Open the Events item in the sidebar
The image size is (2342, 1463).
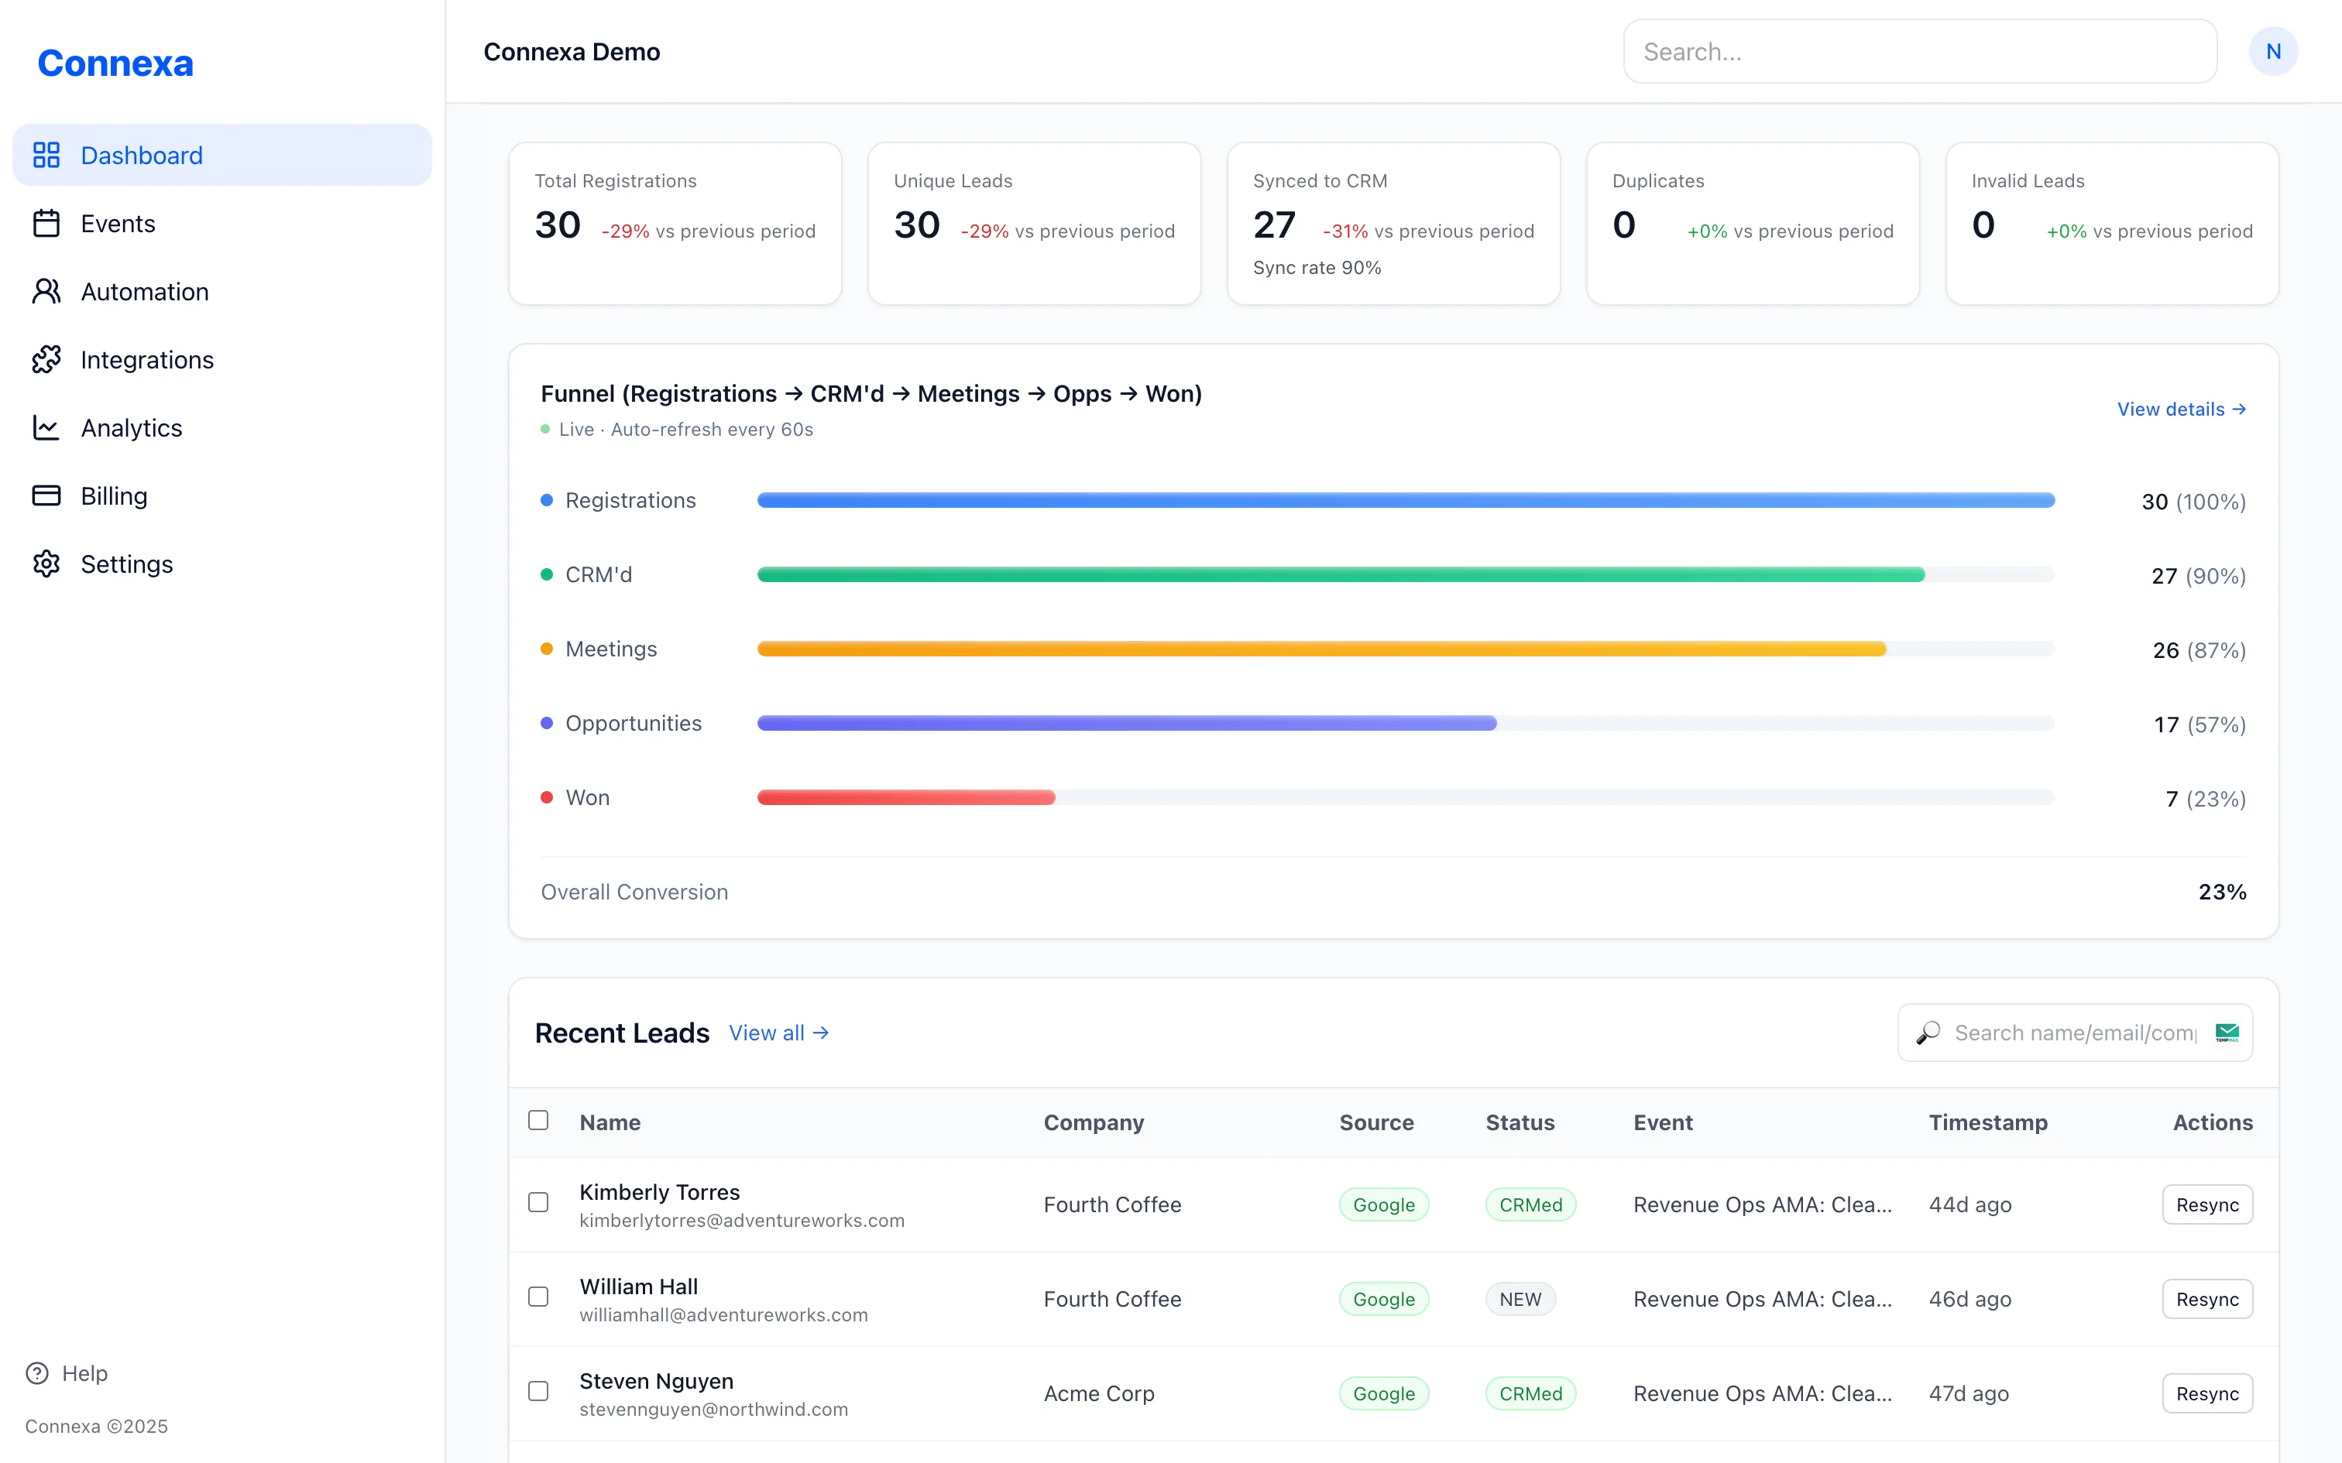click(117, 224)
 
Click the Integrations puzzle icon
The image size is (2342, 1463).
click(46, 360)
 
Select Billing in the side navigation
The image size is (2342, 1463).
click(113, 496)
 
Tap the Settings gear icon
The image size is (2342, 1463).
click(46, 564)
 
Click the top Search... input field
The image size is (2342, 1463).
click(1919, 53)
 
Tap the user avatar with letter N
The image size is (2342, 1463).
click(2272, 53)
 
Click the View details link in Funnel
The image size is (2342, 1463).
click(2180, 409)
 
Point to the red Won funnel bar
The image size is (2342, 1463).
click(906, 797)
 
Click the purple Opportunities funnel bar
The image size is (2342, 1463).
click(1127, 723)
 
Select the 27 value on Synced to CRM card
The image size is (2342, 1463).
click(1273, 225)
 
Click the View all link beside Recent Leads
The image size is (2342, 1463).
click(778, 1033)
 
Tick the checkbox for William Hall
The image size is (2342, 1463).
click(538, 1297)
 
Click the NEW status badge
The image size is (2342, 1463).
click(1520, 1300)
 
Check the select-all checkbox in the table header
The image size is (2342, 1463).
click(538, 1121)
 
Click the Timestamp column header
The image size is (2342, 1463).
click(1988, 1122)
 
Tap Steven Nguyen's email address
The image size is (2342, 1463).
click(713, 1410)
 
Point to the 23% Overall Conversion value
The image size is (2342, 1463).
click(2221, 892)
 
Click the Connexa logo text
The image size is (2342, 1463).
click(115, 63)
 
